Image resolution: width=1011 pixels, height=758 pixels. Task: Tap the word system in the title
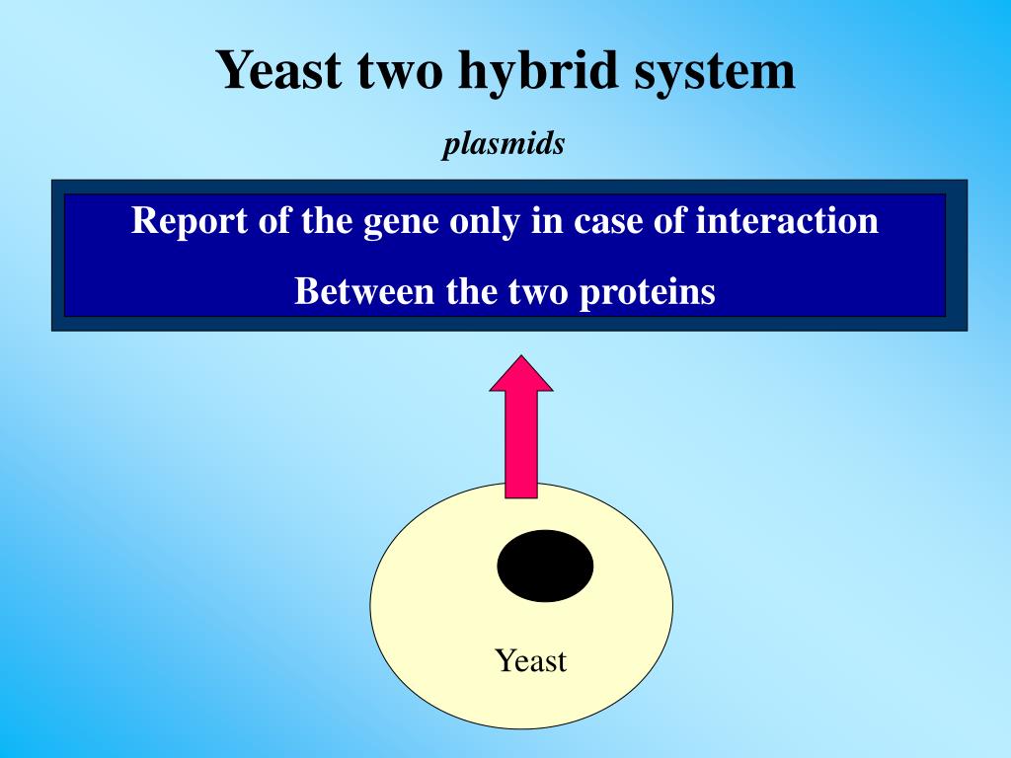[715, 71]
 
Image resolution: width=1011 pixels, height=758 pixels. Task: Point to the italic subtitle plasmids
[504, 144]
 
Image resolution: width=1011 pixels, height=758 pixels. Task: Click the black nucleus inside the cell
[545, 566]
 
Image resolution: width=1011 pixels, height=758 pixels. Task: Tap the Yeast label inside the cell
[531, 660]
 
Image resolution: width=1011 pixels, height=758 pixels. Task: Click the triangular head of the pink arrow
[521, 375]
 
